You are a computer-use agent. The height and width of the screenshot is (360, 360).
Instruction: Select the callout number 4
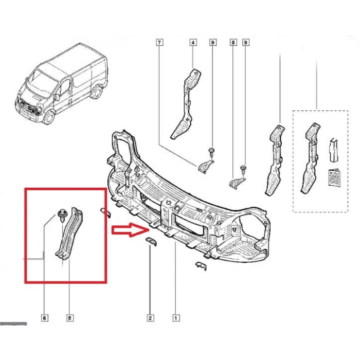[193, 43]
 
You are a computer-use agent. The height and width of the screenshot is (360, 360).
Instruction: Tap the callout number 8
[233, 43]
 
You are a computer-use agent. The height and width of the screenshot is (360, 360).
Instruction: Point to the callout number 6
[44, 318]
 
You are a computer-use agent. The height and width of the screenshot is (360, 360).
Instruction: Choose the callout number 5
[69, 318]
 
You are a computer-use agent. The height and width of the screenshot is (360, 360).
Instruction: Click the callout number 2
[151, 318]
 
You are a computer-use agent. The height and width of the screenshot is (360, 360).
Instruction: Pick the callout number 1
[176, 318]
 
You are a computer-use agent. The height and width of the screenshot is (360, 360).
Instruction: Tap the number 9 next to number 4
[212, 43]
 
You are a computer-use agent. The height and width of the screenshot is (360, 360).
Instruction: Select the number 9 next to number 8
[245, 43]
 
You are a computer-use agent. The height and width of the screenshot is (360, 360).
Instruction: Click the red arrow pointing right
[128, 230]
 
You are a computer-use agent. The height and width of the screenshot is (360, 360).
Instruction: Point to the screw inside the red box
[62, 213]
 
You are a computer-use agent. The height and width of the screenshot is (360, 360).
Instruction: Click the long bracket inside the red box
[69, 234]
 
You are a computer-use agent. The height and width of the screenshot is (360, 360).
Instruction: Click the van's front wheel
[49, 118]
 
